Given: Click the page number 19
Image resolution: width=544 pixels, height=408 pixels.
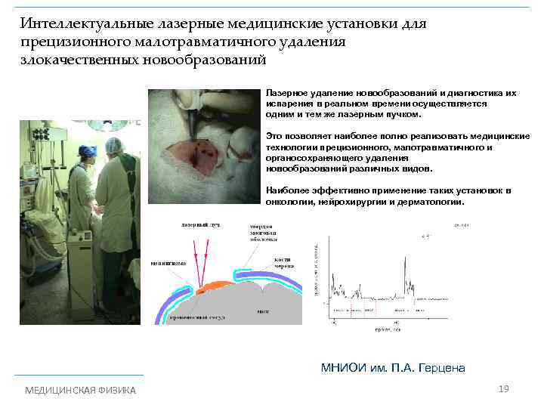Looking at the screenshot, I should (504, 388).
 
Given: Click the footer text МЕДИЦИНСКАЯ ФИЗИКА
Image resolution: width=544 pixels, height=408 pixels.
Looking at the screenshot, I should (81, 390).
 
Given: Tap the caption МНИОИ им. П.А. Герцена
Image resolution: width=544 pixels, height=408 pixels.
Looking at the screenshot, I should (393, 368).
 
